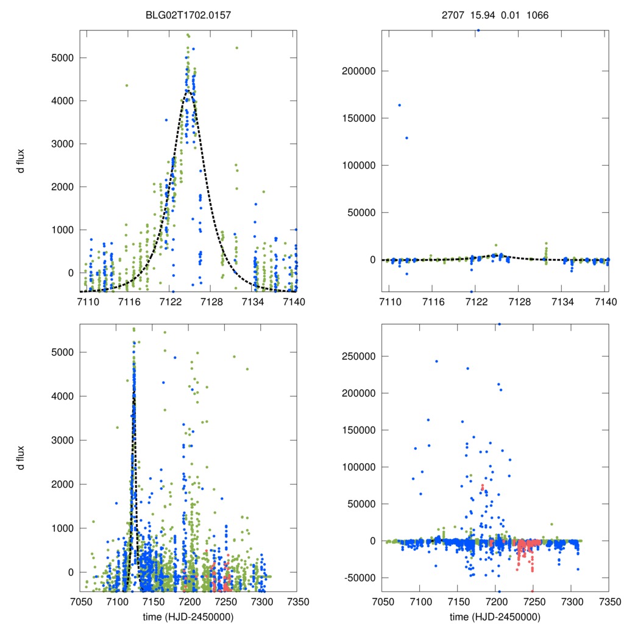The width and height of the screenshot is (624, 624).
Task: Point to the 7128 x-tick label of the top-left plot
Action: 212,302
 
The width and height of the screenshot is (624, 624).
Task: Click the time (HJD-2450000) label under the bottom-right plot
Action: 495,616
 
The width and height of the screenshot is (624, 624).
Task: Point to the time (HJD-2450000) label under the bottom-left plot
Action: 188,616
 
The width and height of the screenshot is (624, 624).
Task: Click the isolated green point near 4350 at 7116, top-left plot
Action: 127,85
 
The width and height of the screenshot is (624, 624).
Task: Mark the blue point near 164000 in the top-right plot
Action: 400,105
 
